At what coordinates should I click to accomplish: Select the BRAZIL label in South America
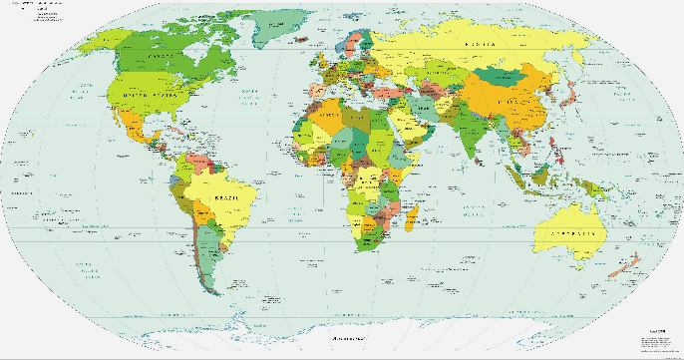(x=227, y=200)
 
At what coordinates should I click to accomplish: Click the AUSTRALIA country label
(x=570, y=232)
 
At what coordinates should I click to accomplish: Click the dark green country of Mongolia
(x=505, y=79)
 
